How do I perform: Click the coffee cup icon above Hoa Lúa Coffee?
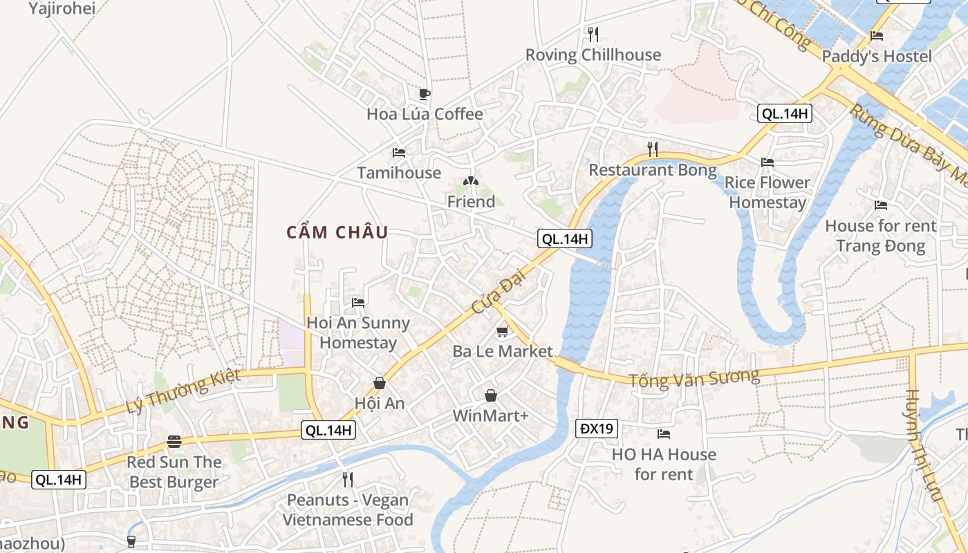pyautogui.click(x=425, y=94)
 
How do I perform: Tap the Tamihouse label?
pyautogui.click(x=399, y=173)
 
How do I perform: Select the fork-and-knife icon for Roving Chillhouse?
pyautogui.click(x=593, y=34)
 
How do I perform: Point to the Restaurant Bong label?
pyautogui.click(x=653, y=169)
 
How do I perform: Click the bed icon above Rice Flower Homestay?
pyautogui.click(x=767, y=162)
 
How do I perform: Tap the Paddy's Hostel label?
pyautogui.click(x=877, y=56)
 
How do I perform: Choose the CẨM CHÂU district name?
pyautogui.click(x=337, y=232)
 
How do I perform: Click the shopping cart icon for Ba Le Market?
pyautogui.click(x=503, y=332)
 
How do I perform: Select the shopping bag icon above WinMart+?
pyautogui.click(x=490, y=395)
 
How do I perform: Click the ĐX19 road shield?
pyautogui.click(x=596, y=429)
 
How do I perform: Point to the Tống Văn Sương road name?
pyautogui.click(x=694, y=378)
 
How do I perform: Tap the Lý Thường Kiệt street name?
pyautogui.click(x=183, y=391)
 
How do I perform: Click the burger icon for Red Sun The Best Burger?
pyautogui.click(x=174, y=442)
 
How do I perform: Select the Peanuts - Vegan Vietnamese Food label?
pyautogui.click(x=348, y=509)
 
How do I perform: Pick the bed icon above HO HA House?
pyautogui.click(x=664, y=434)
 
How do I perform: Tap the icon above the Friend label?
pyautogui.click(x=471, y=182)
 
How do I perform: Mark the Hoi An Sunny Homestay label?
pyautogui.click(x=358, y=332)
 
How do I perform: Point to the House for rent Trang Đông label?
pyautogui.click(x=880, y=236)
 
